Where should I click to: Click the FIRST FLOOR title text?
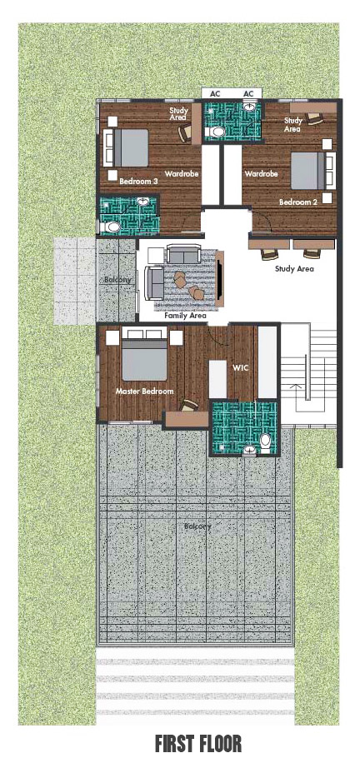198,744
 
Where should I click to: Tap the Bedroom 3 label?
139,181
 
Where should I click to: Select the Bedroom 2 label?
298,202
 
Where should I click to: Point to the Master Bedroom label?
144,391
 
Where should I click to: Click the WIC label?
241,368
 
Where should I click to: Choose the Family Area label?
185,316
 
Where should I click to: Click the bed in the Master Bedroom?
145,354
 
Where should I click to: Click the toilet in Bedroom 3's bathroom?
111,227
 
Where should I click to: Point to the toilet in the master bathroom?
266,442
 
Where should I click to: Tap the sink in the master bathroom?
250,451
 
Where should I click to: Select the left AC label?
214,93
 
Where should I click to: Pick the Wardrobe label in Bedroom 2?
261,174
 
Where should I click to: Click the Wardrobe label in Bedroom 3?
181,174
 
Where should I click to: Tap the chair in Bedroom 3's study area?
184,132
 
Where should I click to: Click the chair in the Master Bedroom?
188,406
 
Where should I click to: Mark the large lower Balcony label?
197,526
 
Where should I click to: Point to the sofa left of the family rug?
155,283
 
